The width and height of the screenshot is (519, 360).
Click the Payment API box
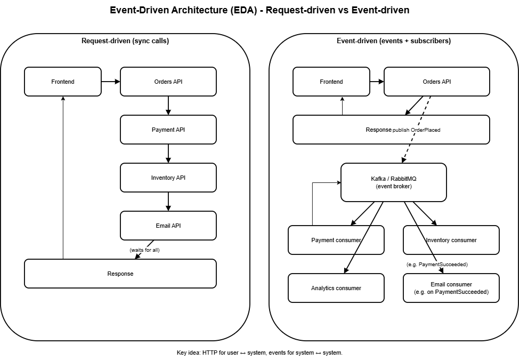pyautogui.click(x=168, y=130)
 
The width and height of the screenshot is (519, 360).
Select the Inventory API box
pyautogui.click(x=168, y=178)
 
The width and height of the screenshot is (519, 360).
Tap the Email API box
pyautogui.click(x=168, y=226)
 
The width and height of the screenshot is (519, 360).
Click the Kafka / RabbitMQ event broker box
pyautogui.click(x=393, y=182)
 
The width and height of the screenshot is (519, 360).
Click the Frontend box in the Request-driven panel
pyautogui.click(x=63, y=82)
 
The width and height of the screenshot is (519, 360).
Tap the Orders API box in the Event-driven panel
pyautogui.click(x=436, y=82)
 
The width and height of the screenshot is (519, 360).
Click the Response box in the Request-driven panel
pyautogui.click(x=120, y=274)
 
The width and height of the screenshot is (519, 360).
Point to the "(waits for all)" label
pyautogui.click(x=144, y=250)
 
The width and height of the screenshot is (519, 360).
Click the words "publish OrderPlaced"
pyautogui.click(x=417, y=130)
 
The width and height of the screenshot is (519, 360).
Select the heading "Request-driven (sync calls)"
pyautogui.click(x=125, y=41)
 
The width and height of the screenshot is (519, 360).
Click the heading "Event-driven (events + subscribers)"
pyautogui.click(x=393, y=41)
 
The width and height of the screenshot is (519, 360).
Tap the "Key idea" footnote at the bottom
pyautogui.click(x=259, y=353)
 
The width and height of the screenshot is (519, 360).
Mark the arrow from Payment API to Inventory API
pyautogui.click(x=168, y=154)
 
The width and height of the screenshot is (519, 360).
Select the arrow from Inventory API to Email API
pyautogui.click(x=168, y=202)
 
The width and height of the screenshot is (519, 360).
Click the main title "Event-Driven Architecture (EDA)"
pyautogui.click(x=259, y=10)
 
